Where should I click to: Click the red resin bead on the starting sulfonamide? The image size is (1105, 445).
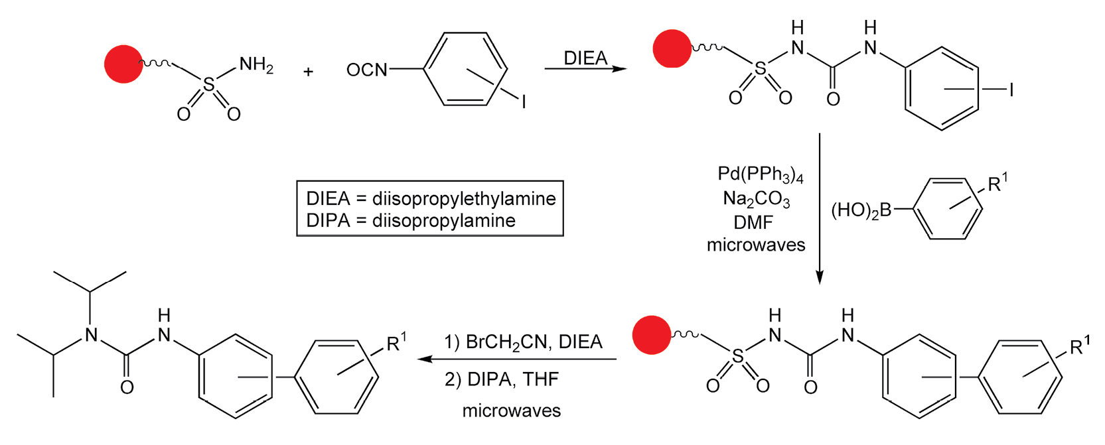coord(123,64)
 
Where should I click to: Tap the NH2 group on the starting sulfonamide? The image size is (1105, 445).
coord(256,65)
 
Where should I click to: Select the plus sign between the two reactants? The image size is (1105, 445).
coord(308,72)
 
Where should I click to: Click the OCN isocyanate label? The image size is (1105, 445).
coord(366,70)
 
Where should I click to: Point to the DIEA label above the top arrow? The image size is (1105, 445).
coord(585,58)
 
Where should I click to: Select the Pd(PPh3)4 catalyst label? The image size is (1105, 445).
coord(760,174)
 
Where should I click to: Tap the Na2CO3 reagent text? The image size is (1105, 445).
coord(756,199)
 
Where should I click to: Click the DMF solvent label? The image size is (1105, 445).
coord(753,222)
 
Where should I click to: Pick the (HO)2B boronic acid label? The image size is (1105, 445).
coord(861,211)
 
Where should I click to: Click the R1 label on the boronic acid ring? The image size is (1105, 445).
coord(997,183)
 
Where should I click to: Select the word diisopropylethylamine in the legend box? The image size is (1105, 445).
coord(464,198)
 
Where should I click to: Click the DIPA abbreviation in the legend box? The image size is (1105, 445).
coord(328,220)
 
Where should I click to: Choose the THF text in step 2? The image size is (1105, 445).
coord(540,379)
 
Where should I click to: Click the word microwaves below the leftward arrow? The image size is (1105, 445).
coord(511,411)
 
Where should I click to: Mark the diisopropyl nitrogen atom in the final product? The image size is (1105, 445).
coord(91,334)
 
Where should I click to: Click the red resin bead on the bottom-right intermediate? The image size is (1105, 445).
coord(652,335)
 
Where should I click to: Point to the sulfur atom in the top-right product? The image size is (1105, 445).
coord(760,68)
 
